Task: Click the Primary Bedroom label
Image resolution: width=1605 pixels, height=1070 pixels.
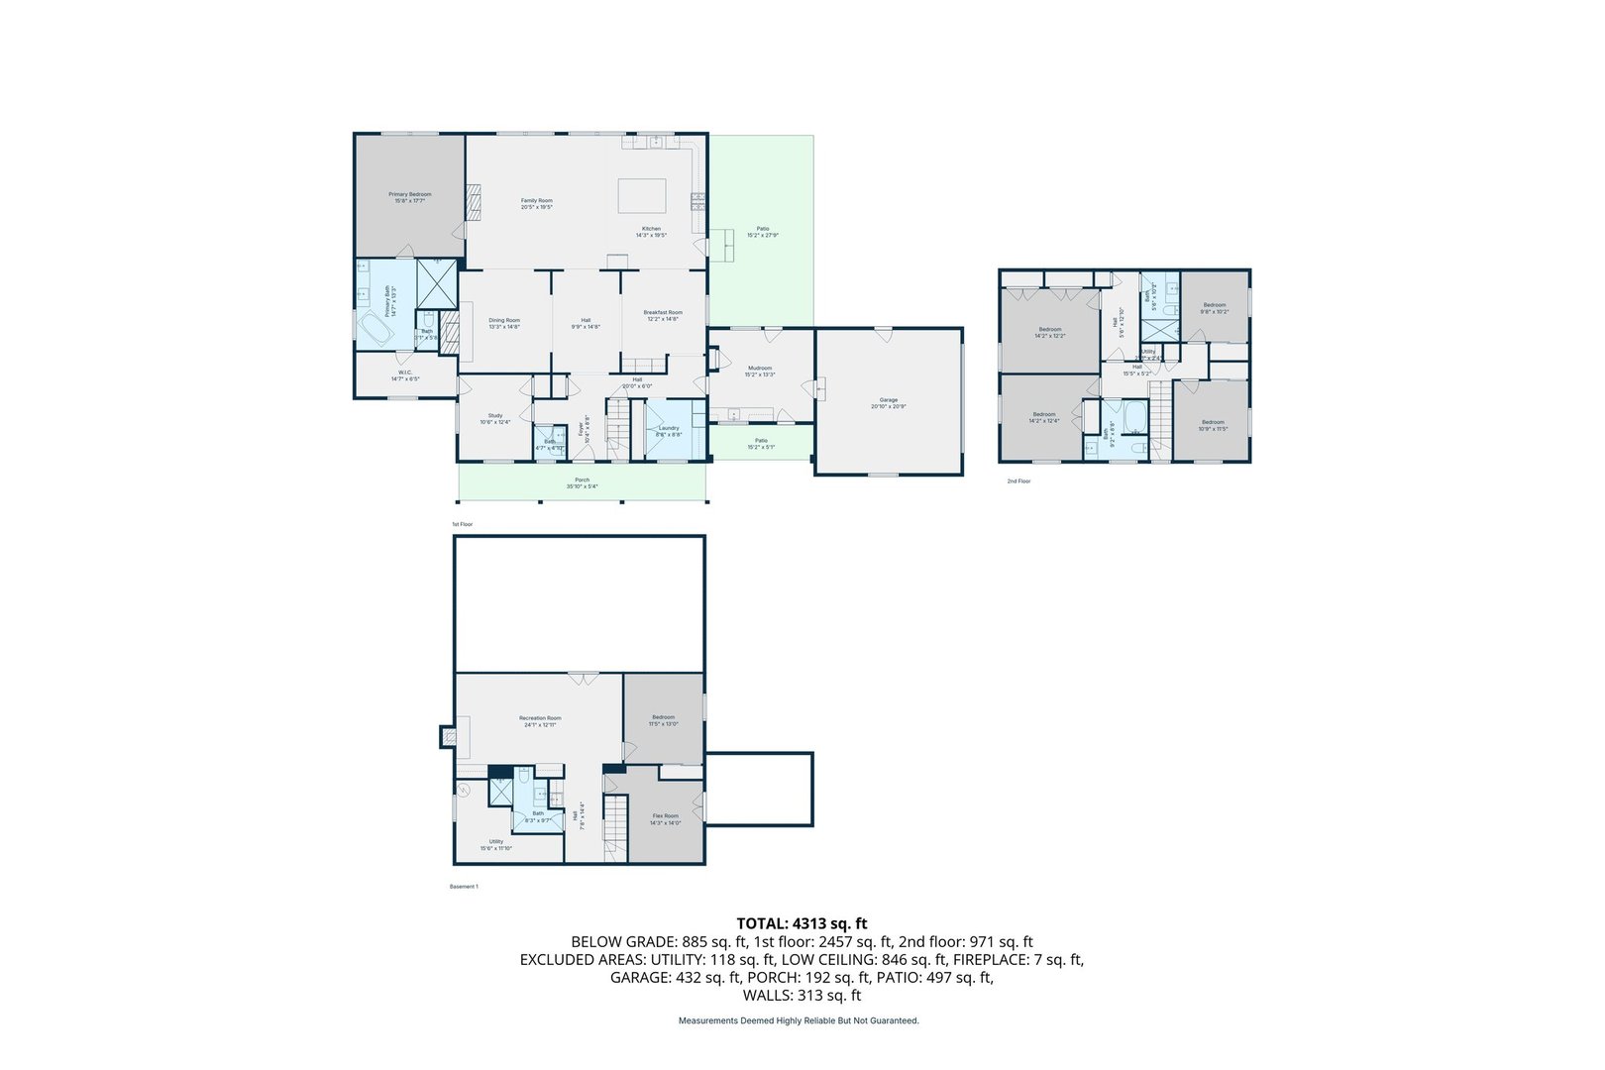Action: pos(409,194)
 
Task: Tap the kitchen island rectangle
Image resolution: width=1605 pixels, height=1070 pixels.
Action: pos(642,195)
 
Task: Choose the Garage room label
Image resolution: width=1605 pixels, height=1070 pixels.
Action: pos(889,400)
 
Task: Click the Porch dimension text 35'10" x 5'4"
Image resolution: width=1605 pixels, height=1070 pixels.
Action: pos(583,486)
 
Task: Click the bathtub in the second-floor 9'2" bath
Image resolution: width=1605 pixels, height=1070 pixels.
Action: pos(1134,417)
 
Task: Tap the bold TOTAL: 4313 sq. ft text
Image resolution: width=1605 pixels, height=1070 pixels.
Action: pos(802,923)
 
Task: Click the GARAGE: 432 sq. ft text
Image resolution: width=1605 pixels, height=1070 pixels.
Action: pos(674,978)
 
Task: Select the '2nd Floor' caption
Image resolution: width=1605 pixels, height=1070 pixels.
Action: pos(1018,481)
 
